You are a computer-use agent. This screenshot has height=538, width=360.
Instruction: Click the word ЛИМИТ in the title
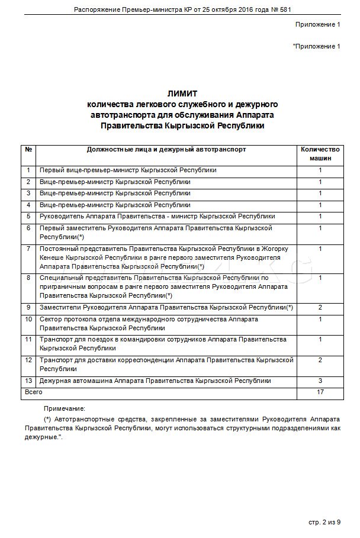(x=182, y=94)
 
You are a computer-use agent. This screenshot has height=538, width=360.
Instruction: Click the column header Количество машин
(x=320, y=154)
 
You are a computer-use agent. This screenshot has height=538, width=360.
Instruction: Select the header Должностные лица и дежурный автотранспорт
(x=166, y=150)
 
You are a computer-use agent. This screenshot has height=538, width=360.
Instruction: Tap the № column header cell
(x=28, y=150)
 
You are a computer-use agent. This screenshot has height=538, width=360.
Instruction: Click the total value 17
(x=320, y=392)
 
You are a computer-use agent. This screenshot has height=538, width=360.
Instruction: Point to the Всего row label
(x=33, y=392)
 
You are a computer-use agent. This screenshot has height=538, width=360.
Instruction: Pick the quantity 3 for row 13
(x=320, y=381)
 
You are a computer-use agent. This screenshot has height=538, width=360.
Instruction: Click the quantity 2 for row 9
(x=320, y=308)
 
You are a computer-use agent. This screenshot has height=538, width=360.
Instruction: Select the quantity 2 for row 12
(x=320, y=360)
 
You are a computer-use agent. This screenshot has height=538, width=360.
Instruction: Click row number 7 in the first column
(x=28, y=249)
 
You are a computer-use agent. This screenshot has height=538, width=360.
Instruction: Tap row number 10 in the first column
(x=28, y=320)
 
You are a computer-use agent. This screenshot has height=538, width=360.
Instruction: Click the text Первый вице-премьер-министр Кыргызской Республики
(x=128, y=170)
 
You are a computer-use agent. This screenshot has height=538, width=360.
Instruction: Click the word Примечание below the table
(x=64, y=408)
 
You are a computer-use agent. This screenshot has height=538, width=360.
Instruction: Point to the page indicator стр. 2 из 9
(x=325, y=522)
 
